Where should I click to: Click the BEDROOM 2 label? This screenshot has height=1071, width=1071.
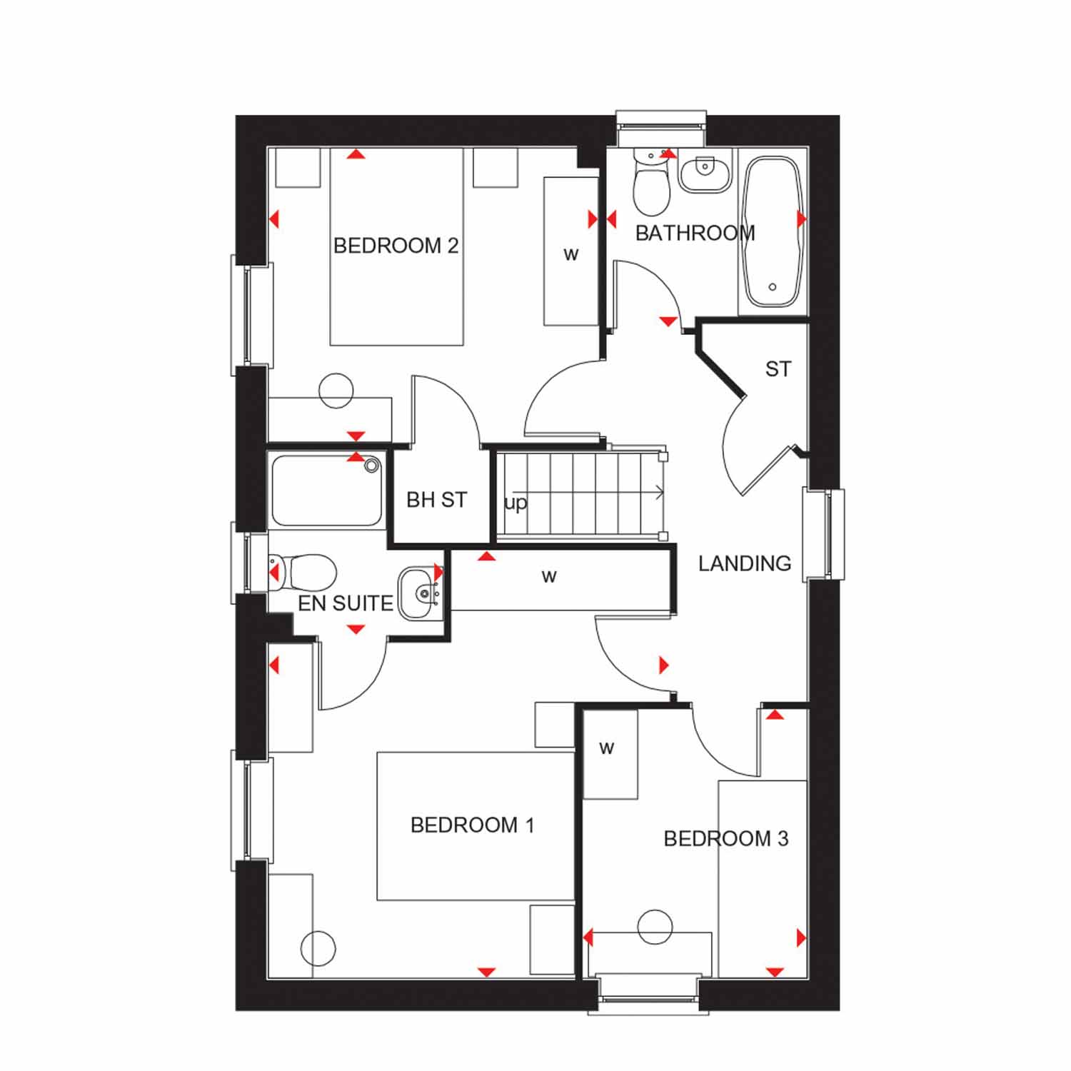396,246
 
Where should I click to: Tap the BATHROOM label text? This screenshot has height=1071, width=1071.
695,233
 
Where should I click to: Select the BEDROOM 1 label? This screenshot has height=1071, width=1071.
472,825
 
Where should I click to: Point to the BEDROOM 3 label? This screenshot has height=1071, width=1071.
726,838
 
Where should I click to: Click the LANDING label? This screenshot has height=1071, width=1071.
745,563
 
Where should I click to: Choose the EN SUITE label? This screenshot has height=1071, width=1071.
346,603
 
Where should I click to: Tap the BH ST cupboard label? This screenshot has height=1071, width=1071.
436,500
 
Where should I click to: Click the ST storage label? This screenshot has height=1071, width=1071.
778,369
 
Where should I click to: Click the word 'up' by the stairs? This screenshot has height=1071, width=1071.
516,503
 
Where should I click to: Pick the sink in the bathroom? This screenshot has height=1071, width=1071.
704,173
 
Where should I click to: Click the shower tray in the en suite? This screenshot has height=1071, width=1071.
326,491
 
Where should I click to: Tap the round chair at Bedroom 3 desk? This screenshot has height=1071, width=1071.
655,927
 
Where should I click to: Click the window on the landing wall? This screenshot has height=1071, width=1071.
825,534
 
